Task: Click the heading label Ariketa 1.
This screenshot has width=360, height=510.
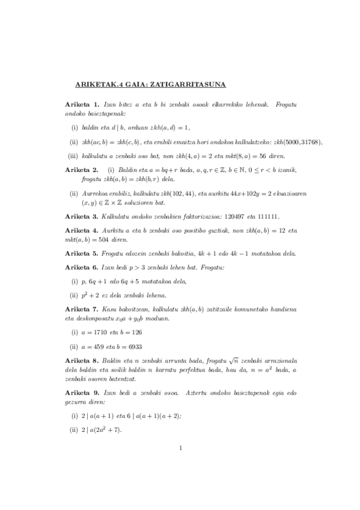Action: click(82, 105)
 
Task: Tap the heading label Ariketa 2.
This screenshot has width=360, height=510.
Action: click(82, 170)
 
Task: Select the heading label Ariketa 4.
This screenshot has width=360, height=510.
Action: click(82, 231)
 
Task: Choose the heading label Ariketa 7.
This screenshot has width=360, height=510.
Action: click(82, 309)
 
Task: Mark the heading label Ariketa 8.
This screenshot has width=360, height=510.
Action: click(82, 360)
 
